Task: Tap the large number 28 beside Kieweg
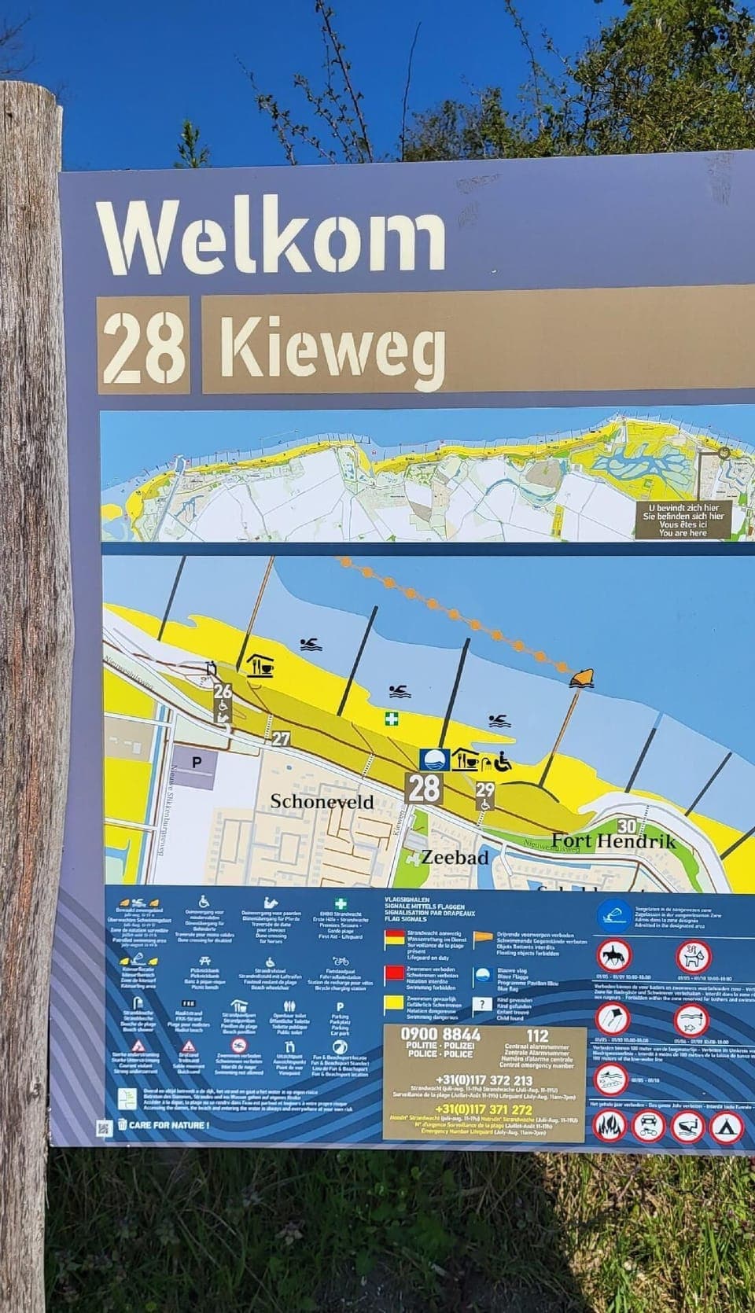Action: [145, 344]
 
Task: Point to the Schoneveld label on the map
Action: [322, 801]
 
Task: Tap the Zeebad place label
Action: [455, 857]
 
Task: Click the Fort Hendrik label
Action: [613, 840]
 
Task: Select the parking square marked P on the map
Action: [197, 762]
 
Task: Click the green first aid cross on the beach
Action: [391, 718]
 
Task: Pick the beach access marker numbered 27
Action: [281, 739]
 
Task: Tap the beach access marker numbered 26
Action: [223, 692]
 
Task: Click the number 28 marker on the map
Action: [424, 788]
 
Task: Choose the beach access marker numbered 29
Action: [485, 790]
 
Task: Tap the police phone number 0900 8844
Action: [440, 1035]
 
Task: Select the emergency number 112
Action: [537, 1035]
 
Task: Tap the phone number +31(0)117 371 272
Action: [483, 1109]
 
